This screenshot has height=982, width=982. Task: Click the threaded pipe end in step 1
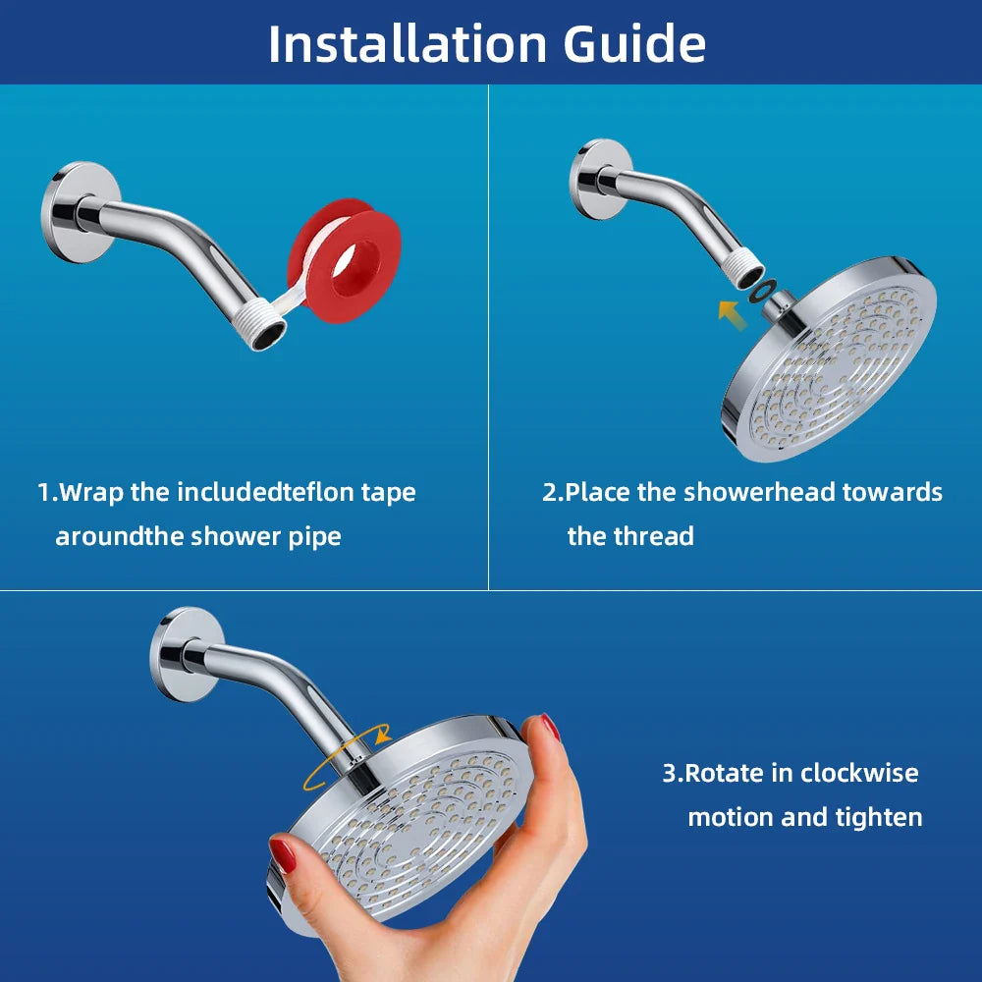tap(264, 332)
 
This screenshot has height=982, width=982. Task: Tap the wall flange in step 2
tap(598, 178)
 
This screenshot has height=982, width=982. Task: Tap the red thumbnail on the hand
tap(283, 854)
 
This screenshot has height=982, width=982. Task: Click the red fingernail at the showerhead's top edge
tap(551, 728)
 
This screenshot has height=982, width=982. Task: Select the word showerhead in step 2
tap(745, 492)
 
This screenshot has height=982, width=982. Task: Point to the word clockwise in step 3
tap(859, 773)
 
